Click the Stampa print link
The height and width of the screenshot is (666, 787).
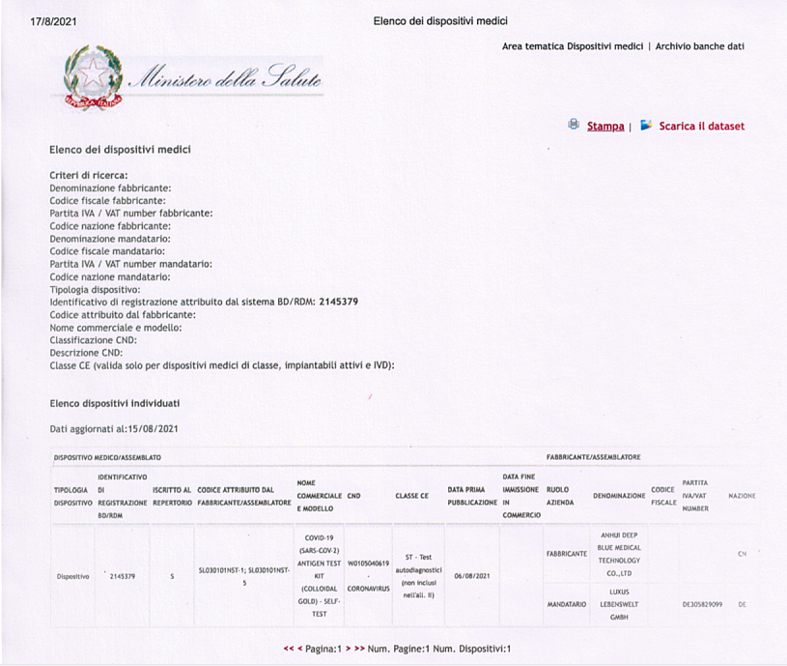(x=604, y=127)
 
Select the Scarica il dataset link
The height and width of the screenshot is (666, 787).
(x=701, y=127)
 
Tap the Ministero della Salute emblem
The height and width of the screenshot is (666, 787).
(x=95, y=77)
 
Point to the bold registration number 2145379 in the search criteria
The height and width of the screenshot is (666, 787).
(x=338, y=302)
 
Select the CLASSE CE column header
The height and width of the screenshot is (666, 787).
(x=411, y=496)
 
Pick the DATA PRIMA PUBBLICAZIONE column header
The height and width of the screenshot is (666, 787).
(x=472, y=497)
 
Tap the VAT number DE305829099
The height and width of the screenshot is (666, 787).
(x=702, y=604)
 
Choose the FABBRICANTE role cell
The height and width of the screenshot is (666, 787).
(x=567, y=554)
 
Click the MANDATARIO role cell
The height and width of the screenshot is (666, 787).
(x=567, y=604)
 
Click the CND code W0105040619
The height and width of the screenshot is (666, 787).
(x=368, y=563)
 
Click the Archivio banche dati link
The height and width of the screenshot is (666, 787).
(x=700, y=46)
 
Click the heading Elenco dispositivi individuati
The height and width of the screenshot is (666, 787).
(x=114, y=403)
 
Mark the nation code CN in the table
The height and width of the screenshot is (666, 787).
(x=742, y=554)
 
